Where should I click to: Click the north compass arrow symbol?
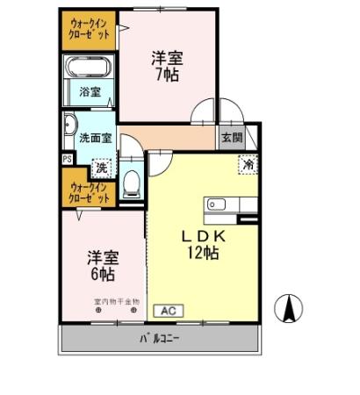(286, 309)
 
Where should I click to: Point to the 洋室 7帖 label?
(167, 66)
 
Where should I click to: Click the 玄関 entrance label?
(231, 137)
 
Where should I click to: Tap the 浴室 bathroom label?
(89, 92)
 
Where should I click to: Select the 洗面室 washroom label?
(96, 138)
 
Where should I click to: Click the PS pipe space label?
(67, 159)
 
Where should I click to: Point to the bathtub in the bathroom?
(89, 68)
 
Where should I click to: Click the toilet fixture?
(133, 183)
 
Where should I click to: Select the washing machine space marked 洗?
(101, 167)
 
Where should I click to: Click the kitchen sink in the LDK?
(216, 205)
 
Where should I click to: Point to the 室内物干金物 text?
(116, 301)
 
